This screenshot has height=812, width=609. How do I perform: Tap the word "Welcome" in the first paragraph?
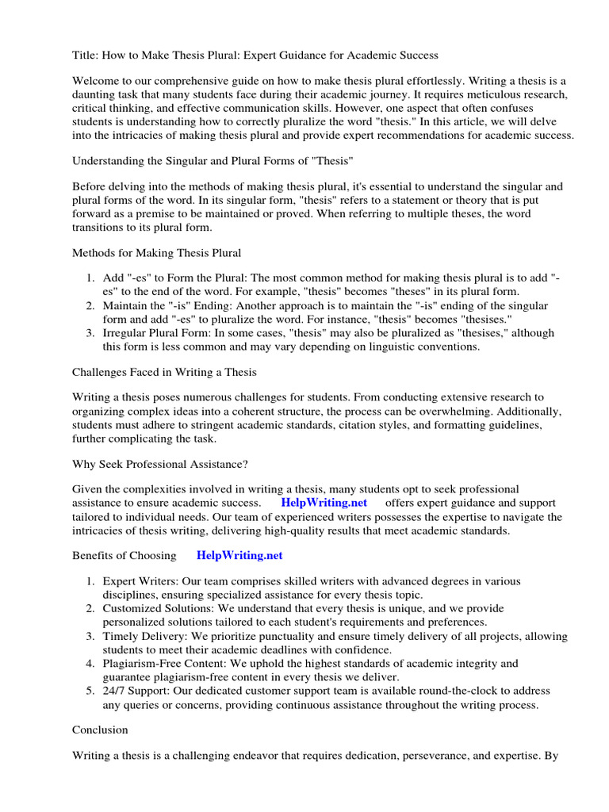98,82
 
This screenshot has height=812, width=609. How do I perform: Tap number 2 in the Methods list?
91,306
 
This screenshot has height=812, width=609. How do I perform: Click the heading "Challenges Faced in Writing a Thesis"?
164,372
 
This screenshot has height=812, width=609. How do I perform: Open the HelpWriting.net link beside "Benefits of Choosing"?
234,556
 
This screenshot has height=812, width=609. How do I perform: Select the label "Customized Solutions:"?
156,608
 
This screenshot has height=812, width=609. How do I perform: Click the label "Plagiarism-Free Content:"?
164,663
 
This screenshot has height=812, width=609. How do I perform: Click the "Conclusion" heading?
100,729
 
